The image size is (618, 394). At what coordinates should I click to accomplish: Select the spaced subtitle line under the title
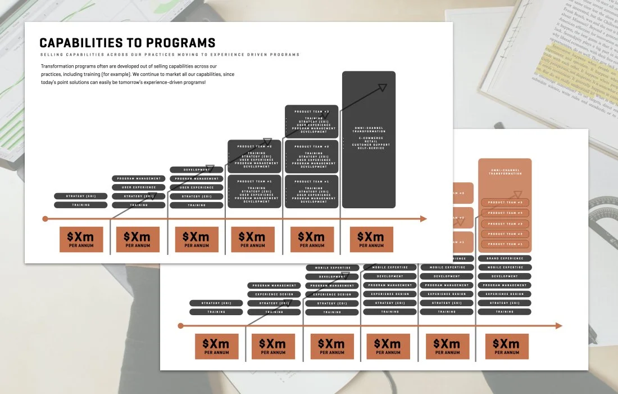click(170, 55)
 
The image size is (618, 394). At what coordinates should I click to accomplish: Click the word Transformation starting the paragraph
click(59, 66)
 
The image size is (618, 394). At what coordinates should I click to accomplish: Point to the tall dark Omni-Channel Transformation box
click(369, 163)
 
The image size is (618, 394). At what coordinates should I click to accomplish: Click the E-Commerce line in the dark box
click(369, 138)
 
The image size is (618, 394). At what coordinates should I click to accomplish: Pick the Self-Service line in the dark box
click(369, 148)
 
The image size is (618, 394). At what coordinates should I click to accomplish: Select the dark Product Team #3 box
click(311, 122)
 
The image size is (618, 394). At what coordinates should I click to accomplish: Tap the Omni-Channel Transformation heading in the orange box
click(505, 172)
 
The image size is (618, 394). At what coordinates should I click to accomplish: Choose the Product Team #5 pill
click(505, 203)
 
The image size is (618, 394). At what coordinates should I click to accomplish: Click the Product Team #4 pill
click(505, 213)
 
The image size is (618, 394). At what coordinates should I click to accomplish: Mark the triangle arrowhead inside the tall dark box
click(383, 87)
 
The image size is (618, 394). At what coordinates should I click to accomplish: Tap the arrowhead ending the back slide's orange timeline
click(558, 326)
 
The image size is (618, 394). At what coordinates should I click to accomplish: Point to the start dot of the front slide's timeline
click(46, 219)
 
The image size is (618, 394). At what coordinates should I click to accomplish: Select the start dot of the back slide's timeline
click(180, 326)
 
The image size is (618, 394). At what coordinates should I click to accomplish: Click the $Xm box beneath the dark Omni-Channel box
click(371, 239)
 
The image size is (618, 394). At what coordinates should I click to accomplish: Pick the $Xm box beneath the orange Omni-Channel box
click(507, 346)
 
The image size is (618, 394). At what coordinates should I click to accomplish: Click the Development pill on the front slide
click(197, 169)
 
